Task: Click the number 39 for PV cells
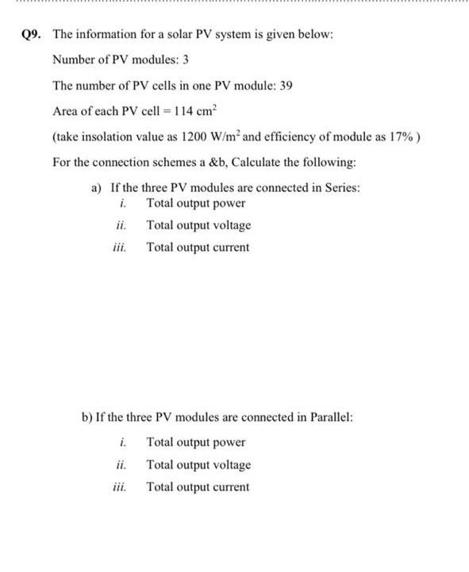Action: click(286, 85)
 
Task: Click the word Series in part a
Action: click(342, 188)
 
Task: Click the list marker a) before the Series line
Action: click(97, 188)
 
